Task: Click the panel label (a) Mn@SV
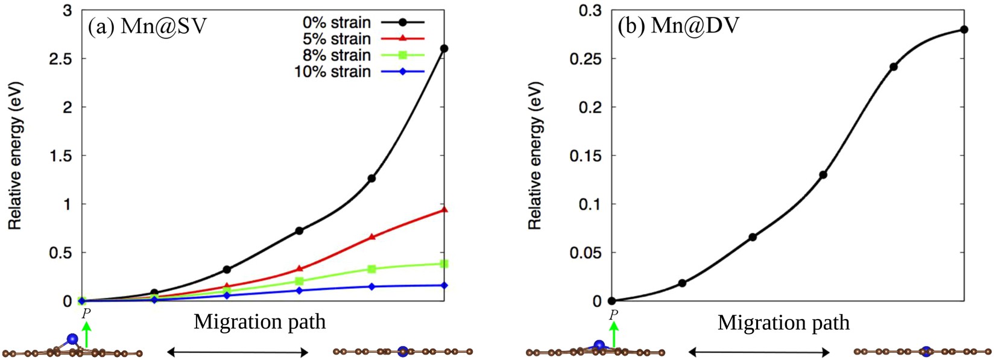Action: (x=148, y=27)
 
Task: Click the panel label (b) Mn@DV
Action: (x=678, y=27)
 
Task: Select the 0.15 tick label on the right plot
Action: (x=586, y=156)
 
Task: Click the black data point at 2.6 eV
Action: (x=444, y=48)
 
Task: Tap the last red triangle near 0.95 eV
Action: (x=444, y=209)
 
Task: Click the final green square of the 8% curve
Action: (x=444, y=264)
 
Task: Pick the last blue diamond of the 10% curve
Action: (x=444, y=285)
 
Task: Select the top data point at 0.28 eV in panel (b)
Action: (x=964, y=30)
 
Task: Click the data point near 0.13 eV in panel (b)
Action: (x=823, y=175)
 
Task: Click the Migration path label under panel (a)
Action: (x=259, y=321)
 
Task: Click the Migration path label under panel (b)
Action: (x=783, y=323)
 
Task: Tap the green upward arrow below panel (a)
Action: (x=86, y=335)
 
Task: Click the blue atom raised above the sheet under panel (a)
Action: (x=73, y=339)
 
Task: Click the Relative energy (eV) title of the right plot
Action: (x=535, y=156)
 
